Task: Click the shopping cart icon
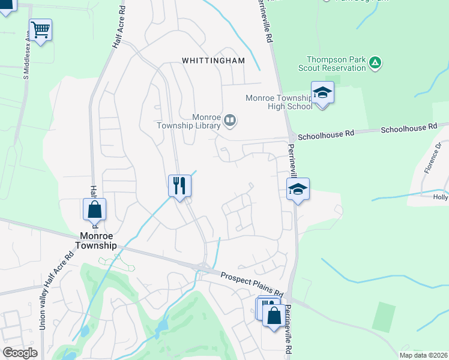40,29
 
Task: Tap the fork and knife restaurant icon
179,185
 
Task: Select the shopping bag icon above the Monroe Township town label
94,209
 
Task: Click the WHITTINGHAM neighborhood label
214,61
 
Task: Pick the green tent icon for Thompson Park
375,62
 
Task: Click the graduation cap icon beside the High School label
322,92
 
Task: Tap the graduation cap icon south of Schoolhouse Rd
298,188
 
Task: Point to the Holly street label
441,196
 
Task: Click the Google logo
20,353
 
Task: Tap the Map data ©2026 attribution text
423,355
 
